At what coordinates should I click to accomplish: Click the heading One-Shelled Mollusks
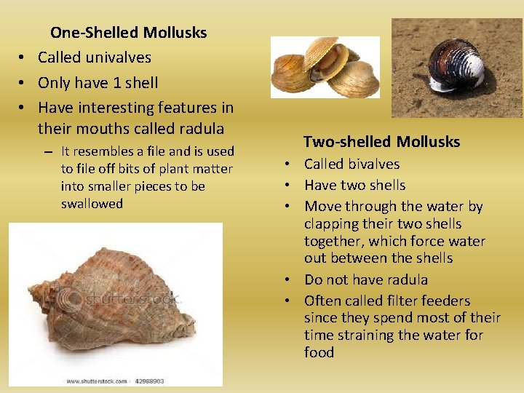[x=128, y=33]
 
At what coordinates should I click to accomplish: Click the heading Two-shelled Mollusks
[x=382, y=141]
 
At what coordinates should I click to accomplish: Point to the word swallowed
[x=92, y=204]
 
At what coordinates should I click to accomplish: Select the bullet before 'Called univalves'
[x=23, y=58]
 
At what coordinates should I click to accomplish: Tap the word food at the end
[x=319, y=352]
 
